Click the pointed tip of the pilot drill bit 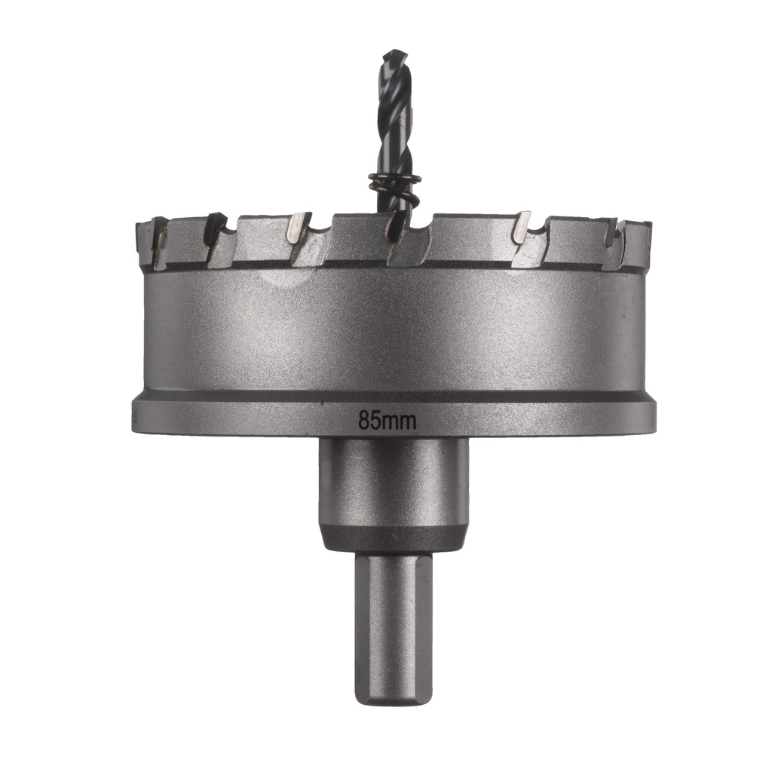point(393,54)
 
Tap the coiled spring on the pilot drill point(394,185)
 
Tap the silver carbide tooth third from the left point(299,228)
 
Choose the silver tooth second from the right point(521,229)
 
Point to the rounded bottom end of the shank point(393,700)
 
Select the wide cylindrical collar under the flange point(393,482)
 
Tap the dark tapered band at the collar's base point(393,539)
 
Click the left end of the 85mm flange point(137,417)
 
